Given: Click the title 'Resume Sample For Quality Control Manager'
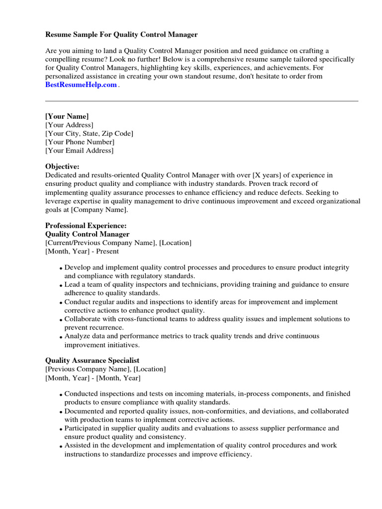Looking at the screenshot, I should pos(121,35).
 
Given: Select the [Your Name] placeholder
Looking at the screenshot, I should pos(67,116).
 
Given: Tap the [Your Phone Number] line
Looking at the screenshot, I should pos(80,142).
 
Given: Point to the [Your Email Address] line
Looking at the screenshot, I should pos(79,150).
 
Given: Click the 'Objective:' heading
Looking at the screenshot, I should pos(62,167).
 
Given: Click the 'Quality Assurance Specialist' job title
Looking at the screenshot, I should pos(92,360).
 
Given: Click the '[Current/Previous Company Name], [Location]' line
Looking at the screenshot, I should pos(118,243).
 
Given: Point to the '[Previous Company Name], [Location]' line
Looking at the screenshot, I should pos(105,369).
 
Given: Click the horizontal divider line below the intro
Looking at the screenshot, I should pos(201,101).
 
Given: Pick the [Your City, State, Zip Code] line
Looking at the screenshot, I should pos(89,133).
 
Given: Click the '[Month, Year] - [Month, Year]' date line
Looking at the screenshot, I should pos(93,378).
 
